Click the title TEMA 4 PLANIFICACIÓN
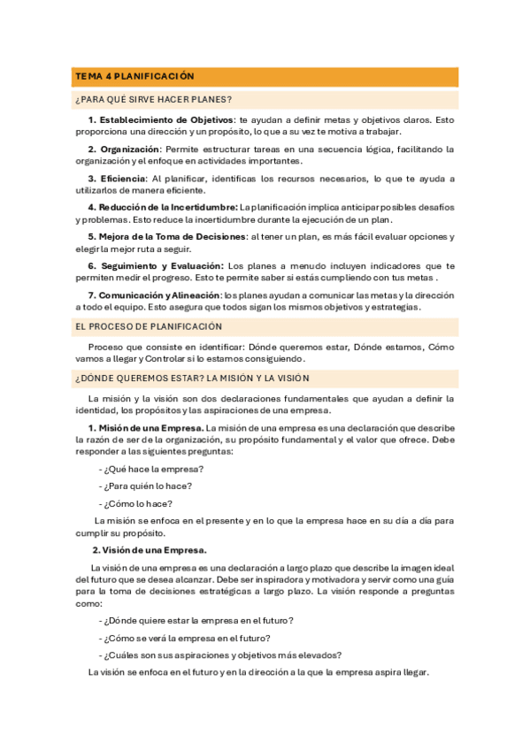point(134,77)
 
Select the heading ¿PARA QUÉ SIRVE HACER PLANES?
point(154,99)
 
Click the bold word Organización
point(130,149)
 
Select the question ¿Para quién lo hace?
point(145,485)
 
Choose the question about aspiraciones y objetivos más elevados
point(220,654)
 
